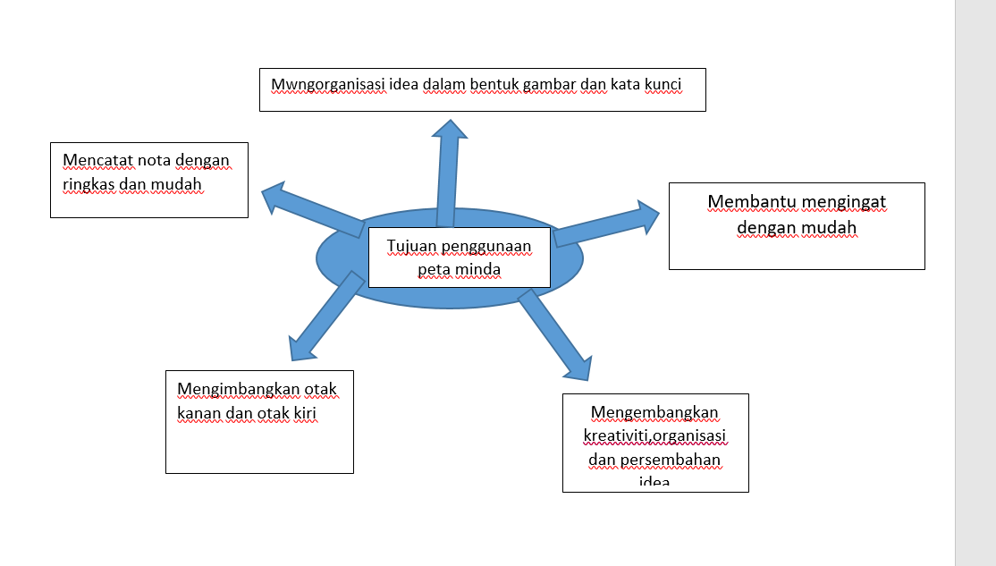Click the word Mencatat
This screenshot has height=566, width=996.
coord(97,161)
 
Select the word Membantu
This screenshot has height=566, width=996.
coord(751,202)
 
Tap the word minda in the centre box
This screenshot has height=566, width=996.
coord(481,269)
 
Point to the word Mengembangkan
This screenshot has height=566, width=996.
coord(654,412)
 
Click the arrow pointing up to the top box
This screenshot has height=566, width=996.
coord(446,174)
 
